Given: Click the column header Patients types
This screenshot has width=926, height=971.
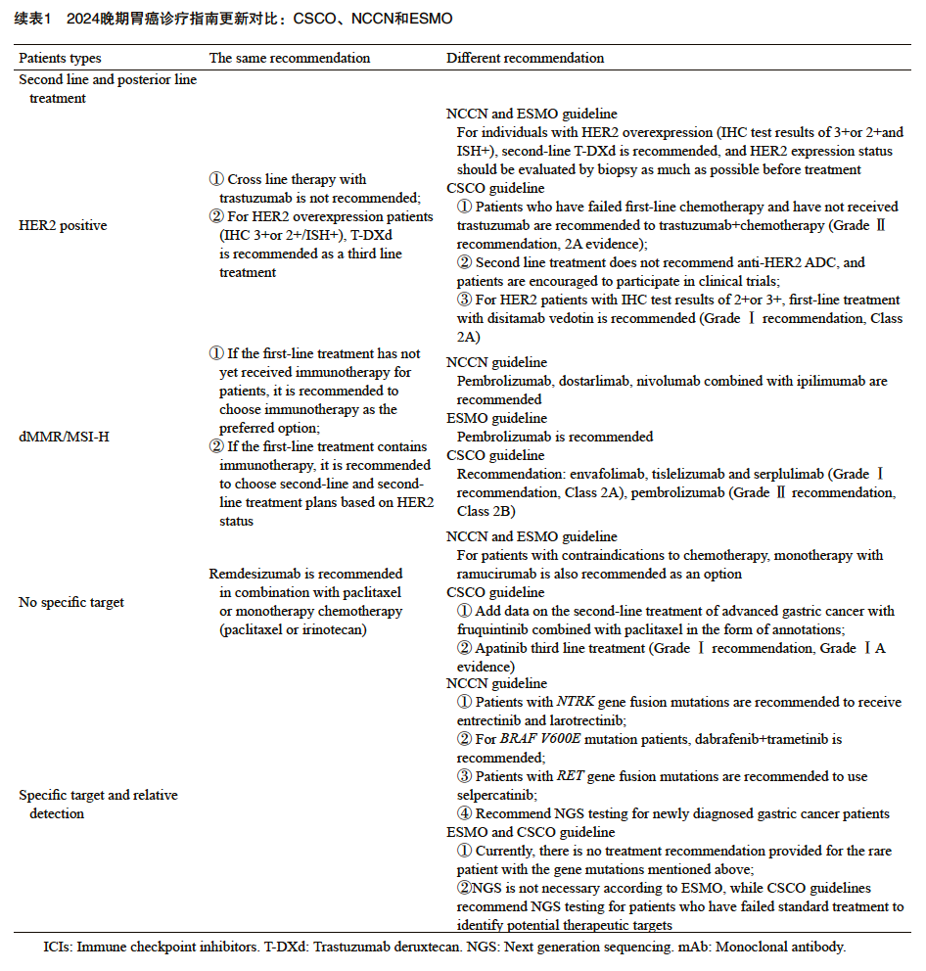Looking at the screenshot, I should (x=60, y=59).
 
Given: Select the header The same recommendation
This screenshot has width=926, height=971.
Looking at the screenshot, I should (x=290, y=59).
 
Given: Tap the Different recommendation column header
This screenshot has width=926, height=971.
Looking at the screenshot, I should (x=525, y=59).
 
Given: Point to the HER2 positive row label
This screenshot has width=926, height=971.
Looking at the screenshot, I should (x=63, y=226).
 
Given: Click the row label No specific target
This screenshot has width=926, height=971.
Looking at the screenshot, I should (x=71, y=603).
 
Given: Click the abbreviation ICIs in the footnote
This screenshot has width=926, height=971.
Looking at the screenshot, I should (x=57, y=948).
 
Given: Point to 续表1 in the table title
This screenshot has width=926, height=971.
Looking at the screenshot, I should (x=32, y=20).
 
